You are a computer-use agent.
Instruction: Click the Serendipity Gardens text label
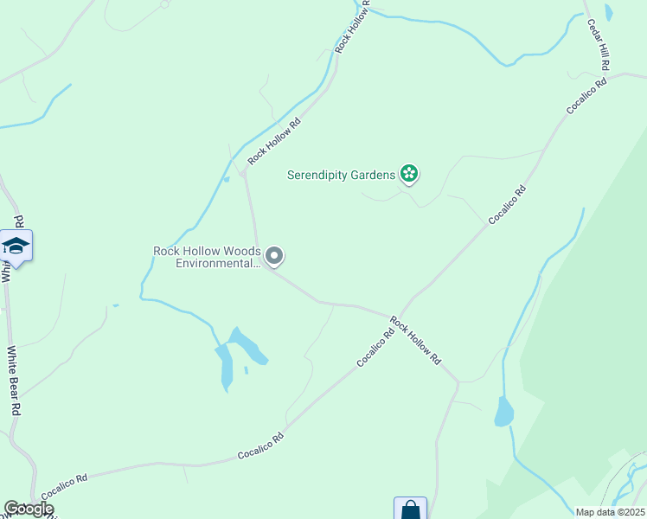coord(341,176)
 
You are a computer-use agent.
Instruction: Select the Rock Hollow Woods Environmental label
coord(207,257)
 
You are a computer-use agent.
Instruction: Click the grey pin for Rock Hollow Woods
coord(275,256)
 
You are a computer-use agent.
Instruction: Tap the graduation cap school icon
coord(16,247)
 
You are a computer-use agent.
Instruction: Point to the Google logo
coord(29,509)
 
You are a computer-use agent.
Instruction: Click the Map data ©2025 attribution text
coord(610,512)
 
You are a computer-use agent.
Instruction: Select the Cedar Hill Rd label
coord(599,45)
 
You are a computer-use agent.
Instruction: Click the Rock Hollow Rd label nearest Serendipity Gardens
coord(274,141)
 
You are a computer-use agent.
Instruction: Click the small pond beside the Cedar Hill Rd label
coord(609,12)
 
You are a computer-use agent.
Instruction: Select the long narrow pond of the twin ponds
coord(226,367)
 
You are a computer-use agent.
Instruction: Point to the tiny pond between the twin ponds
coord(246,370)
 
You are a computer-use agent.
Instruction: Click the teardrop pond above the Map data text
coord(503,412)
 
